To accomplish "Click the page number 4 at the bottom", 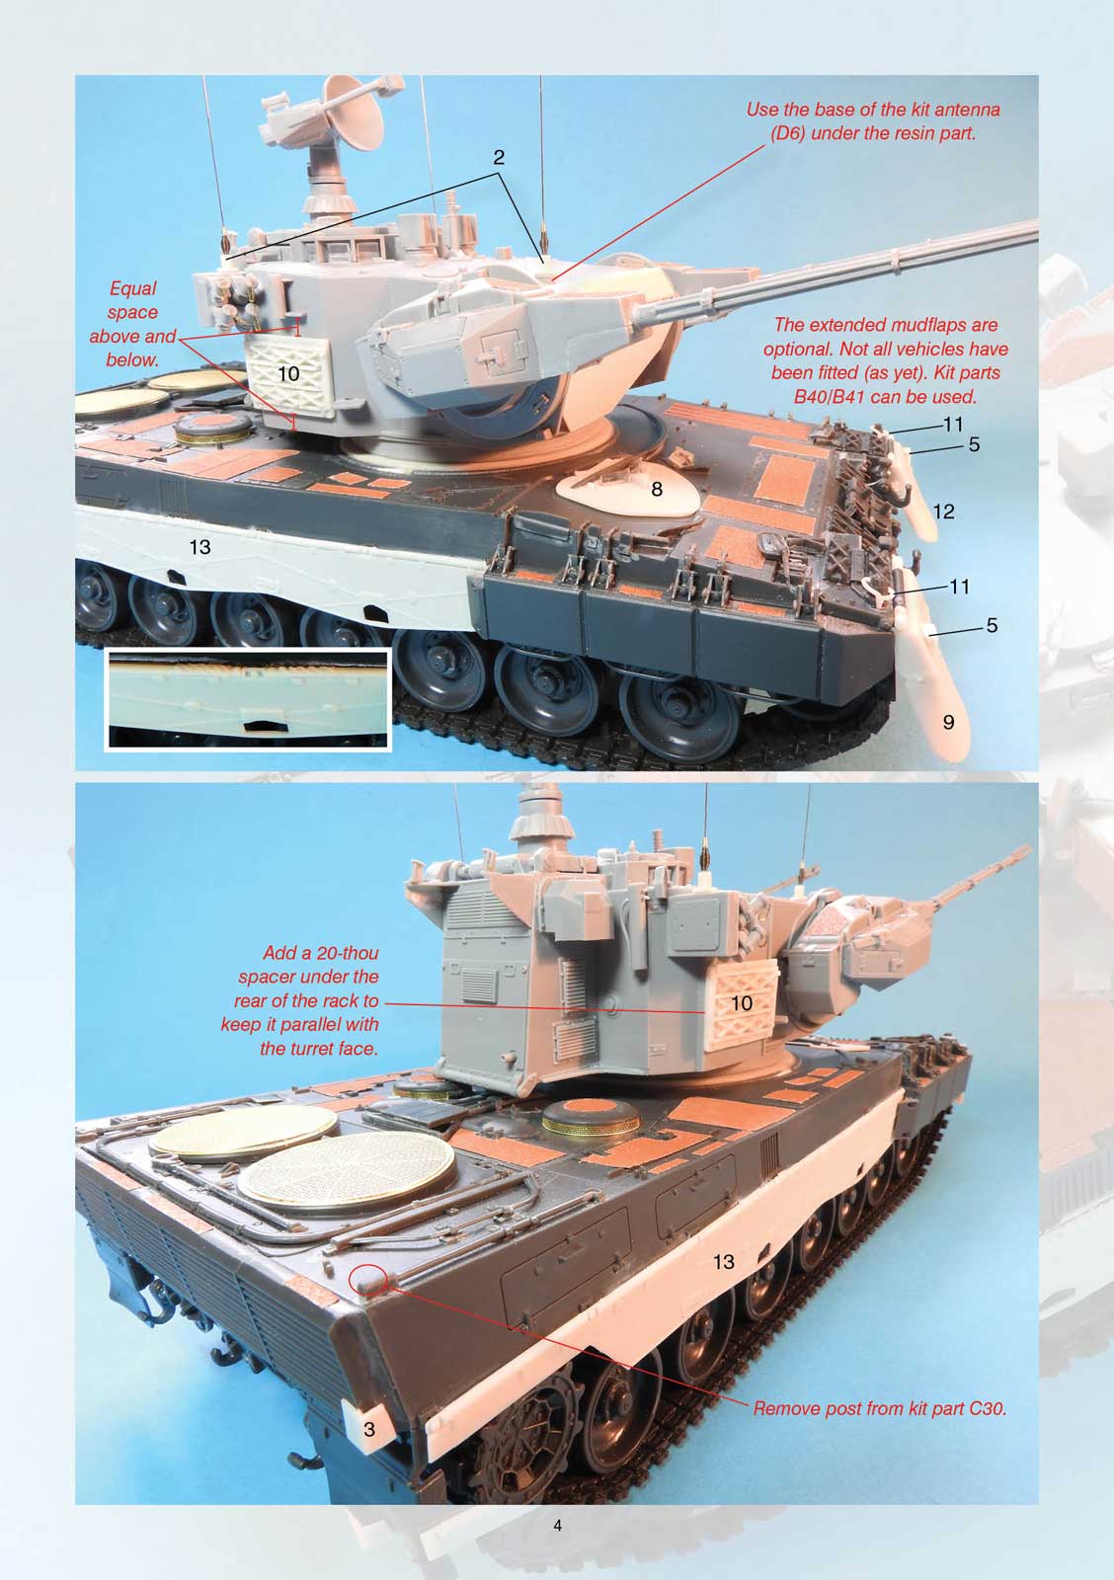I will coord(558,1526).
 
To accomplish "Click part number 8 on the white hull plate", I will coord(657,488).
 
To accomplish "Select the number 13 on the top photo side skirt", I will coord(199,546).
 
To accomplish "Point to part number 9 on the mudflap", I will coord(948,722).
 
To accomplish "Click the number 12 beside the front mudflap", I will coord(943,511).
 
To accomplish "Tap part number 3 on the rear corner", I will coord(368,1429).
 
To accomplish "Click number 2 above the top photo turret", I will coord(499,157).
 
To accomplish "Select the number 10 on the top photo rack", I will coord(288,374).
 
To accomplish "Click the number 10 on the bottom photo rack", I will coord(742,1003).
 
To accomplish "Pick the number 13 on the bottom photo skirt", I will coord(723,1261).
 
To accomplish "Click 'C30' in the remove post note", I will coord(987,1408).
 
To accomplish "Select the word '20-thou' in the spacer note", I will coord(346,954).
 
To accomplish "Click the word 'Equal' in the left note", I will coord(132,288).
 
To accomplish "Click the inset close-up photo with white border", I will coord(248,698).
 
